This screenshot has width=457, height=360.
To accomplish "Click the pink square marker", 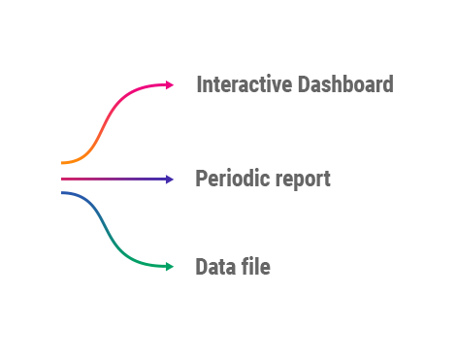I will [x=170, y=84].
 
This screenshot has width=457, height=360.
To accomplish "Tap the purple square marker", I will [x=170, y=179].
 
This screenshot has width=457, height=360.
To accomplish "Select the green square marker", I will [x=170, y=266].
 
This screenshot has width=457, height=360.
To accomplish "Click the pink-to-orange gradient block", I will [x=108, y=123].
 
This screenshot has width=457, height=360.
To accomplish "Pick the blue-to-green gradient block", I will [x=108, y=229].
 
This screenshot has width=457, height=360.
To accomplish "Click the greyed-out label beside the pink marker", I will [x=294, y=83].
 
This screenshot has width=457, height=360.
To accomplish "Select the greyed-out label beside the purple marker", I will [x=262, y=179].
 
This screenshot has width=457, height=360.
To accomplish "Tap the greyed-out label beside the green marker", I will [x=233, y=266].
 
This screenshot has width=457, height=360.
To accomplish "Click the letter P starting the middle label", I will [x=202, y=179].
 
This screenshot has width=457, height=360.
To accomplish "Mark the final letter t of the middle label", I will [x=326, y=180].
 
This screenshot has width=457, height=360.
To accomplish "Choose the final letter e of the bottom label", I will [x=265, y=267].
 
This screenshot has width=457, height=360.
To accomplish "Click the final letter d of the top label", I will [x=387, y=83].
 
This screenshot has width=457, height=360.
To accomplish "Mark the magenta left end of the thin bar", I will [x=66, y=179].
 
